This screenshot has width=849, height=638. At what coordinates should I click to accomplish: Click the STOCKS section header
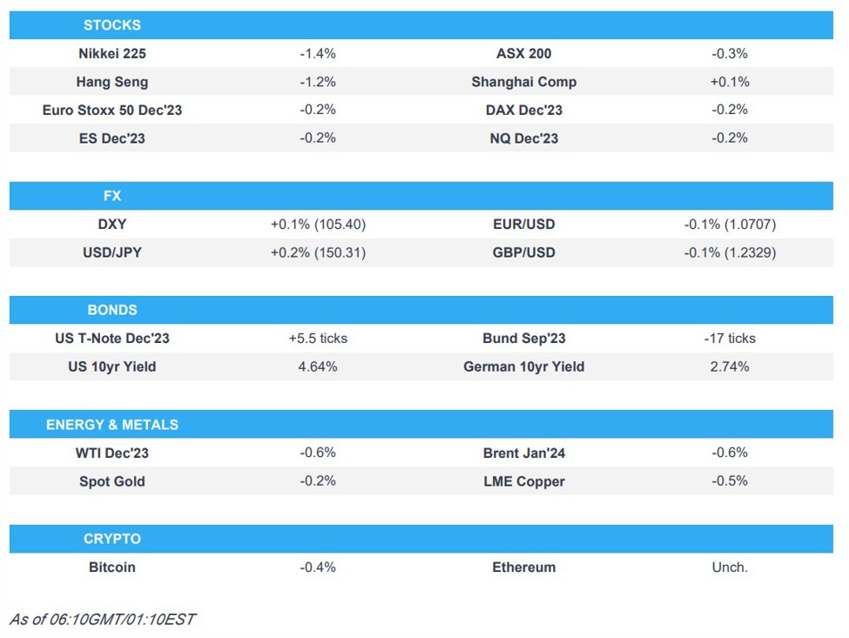111,25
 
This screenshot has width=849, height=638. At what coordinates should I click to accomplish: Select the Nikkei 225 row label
111,54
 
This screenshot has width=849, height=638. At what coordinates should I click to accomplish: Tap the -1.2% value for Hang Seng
317,82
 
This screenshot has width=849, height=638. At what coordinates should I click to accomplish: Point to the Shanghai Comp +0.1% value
729,82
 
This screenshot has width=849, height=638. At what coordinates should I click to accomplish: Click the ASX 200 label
523,54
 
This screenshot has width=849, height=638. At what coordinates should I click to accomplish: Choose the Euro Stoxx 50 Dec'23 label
111,111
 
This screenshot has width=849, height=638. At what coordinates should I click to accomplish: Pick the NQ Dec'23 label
523,138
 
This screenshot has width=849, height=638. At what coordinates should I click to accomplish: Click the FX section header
111,196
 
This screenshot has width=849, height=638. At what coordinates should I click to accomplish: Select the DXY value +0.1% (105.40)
317,225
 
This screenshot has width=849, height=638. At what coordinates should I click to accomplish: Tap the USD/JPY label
111,253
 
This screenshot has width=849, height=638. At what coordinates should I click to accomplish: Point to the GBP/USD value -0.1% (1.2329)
729,253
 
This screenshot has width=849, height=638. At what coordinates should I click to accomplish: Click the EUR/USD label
523,225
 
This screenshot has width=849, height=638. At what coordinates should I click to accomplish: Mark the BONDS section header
111,310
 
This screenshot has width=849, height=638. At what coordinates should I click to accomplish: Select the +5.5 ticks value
317,339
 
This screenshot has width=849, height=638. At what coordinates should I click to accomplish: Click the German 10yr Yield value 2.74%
729,367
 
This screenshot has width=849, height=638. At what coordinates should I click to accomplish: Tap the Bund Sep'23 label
523,339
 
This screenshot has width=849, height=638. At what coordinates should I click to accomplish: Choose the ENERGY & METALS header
111,425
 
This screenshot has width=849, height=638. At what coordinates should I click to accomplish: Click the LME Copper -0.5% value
729,481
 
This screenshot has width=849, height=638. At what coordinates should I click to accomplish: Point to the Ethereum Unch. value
729,567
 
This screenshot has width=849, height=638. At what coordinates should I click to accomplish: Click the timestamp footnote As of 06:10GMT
102,620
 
